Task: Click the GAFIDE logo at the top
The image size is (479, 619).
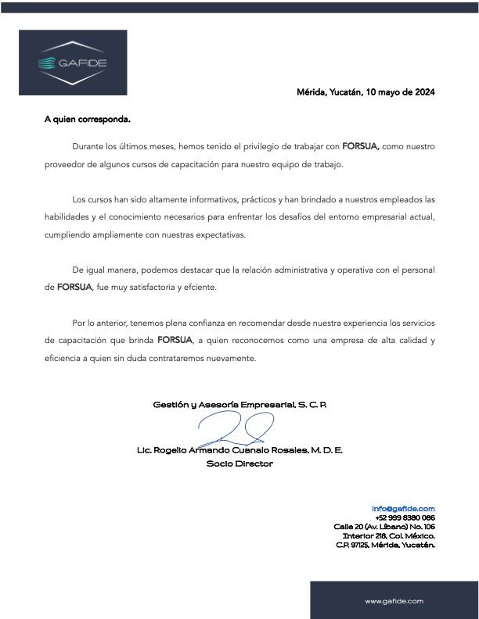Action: (x=73, y=63)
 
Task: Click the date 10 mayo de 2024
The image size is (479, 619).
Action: (x=399, y=92)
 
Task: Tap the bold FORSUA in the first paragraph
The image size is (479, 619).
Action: (x=360, y=146)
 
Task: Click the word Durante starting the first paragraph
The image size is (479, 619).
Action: (x=88, y=146)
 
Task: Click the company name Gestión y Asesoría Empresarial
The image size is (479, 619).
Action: (x=239, y=405)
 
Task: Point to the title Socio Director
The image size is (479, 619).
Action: (x=239, y=463)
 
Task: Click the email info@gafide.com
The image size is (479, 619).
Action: (x=403, y=508)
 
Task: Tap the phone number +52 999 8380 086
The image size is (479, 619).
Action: (x=405, y=517)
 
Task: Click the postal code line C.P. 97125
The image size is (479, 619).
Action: (x=385, y=545)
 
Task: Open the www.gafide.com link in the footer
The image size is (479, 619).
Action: (x=394, y=600)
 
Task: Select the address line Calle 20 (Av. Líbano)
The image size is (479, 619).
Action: (x=384, y=527)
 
